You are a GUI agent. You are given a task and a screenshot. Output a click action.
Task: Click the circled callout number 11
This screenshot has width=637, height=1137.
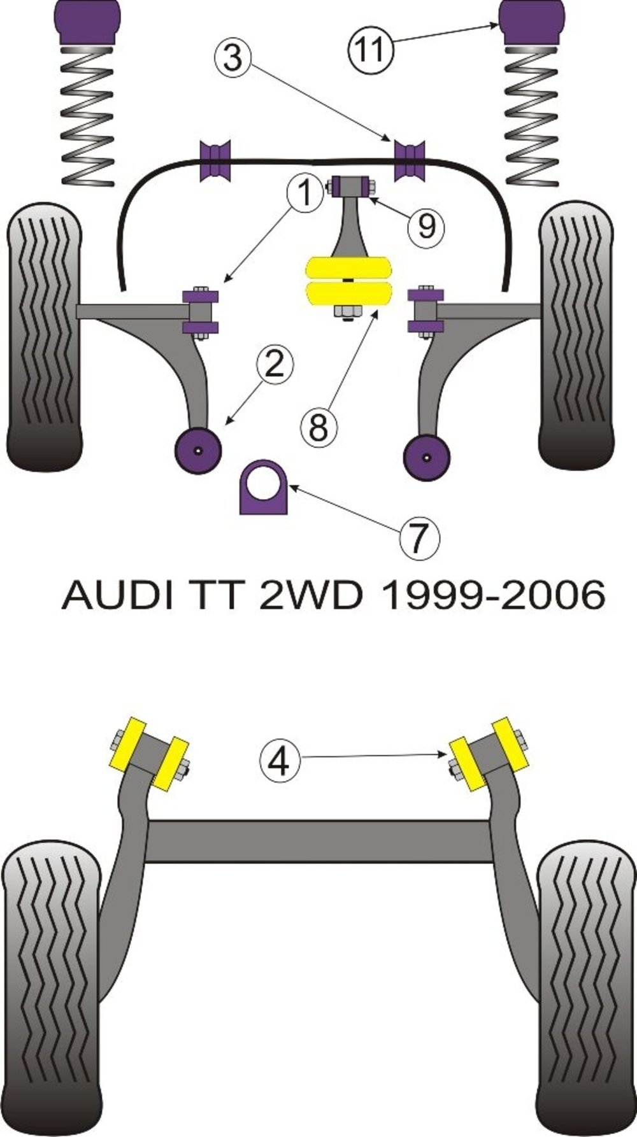[x=369, y=49]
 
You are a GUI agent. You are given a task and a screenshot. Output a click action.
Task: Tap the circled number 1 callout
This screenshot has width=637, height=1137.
[x=307, y=192]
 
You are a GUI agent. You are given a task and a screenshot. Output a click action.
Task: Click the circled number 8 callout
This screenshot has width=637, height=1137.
[x=318, y=427]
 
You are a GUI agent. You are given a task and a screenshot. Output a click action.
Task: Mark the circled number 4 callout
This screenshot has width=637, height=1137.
[x=280, y=761]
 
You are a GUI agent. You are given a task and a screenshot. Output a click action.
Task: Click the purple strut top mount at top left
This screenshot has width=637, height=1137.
[x=87, y=20]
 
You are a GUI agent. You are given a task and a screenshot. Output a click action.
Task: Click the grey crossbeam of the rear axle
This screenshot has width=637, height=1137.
[x=318, y=841]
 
